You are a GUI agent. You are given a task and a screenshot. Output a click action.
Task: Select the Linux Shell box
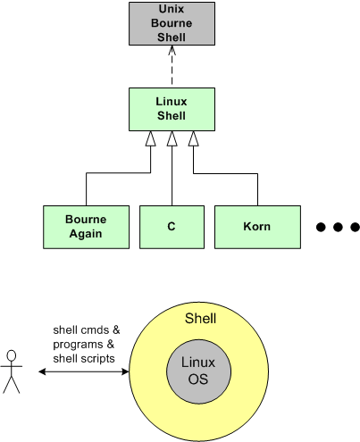(x=171, y=108)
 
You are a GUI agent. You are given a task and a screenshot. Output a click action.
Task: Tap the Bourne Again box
(x=86, y=227)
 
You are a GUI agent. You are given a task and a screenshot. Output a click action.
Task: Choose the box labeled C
(x=171, y=227)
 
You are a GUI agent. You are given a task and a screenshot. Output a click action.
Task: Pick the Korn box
(x=256, y=227)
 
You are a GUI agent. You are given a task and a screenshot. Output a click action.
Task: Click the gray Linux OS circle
(x=198, y=370)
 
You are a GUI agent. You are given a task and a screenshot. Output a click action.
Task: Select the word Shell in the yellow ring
(x=200, y=319)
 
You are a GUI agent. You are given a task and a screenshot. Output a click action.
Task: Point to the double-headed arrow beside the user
(x=84, y=370)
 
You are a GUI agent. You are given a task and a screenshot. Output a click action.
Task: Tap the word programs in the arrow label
(x=77, y=344)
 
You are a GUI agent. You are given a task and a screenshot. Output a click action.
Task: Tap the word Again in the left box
(x=86, y=234)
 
